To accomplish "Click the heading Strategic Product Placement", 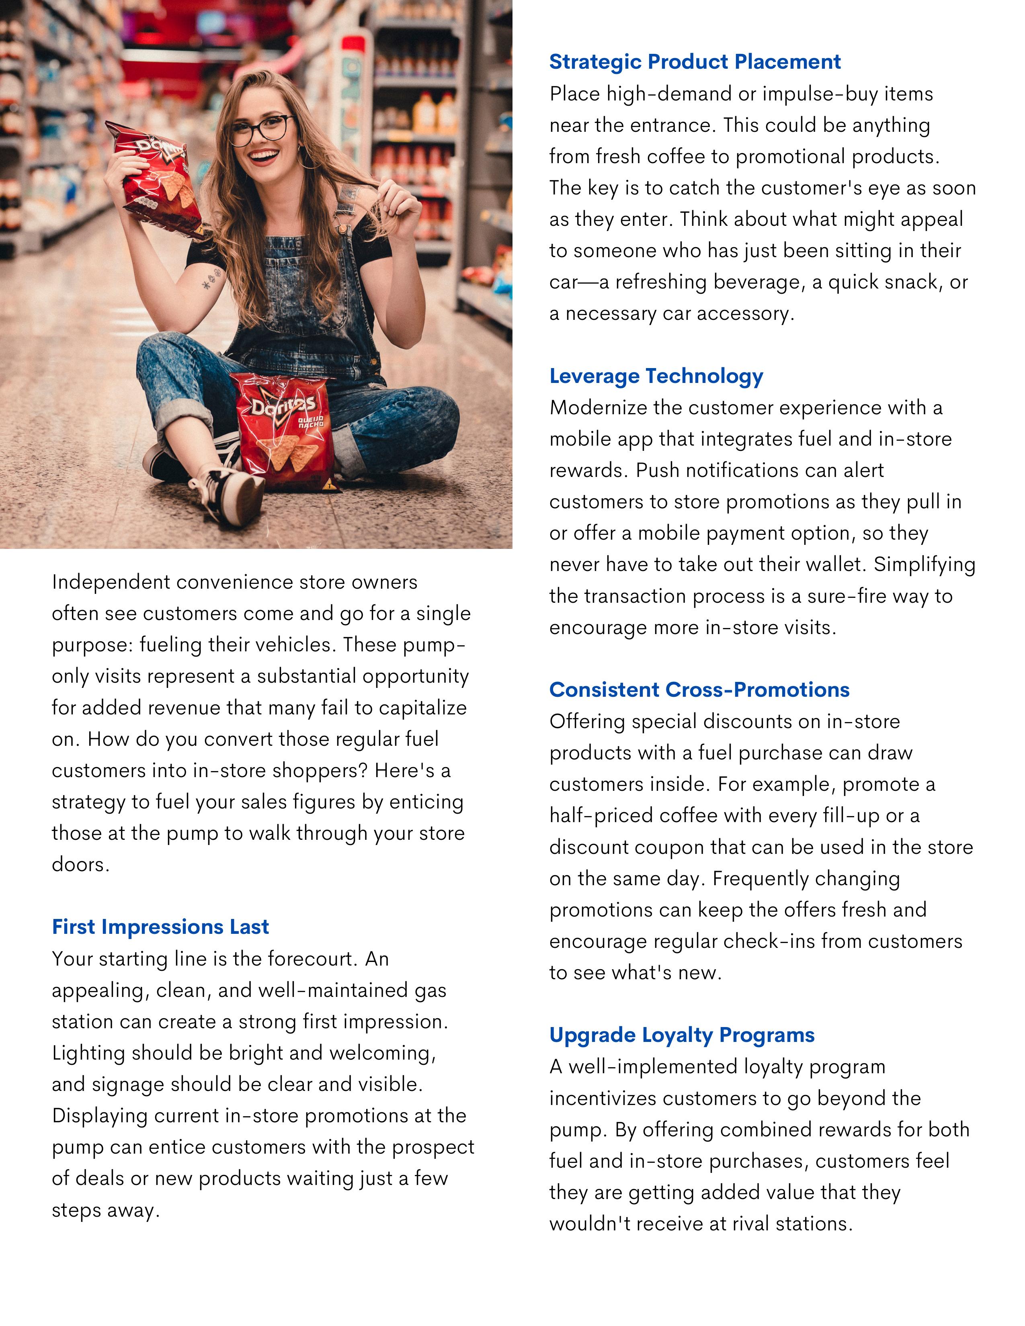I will (695, 62).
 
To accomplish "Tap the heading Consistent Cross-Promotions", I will (699, 690).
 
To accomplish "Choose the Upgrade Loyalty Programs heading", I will (681, 1035).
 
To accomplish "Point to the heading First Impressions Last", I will (160, 927).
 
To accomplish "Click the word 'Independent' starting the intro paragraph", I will (111, 582).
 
